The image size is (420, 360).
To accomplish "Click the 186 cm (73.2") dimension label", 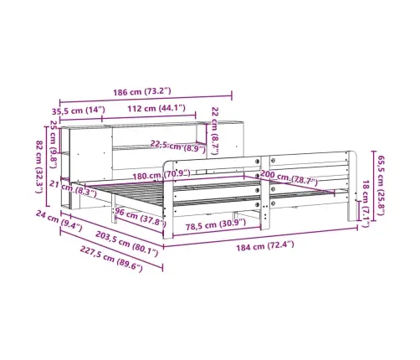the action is (141, 91).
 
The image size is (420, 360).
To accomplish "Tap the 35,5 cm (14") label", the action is (79, 111).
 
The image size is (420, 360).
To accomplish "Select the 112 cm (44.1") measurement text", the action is (156, 108).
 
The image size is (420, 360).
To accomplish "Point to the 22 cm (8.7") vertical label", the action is (214, 131).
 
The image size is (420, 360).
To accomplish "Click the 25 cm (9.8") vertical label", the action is (53, 144).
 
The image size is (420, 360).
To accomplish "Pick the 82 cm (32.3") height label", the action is (39, 167).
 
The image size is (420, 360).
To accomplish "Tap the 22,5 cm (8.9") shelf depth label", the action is (178, 147).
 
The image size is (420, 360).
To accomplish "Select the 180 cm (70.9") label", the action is (161, 175).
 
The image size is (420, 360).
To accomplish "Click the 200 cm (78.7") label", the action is (289, 178).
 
